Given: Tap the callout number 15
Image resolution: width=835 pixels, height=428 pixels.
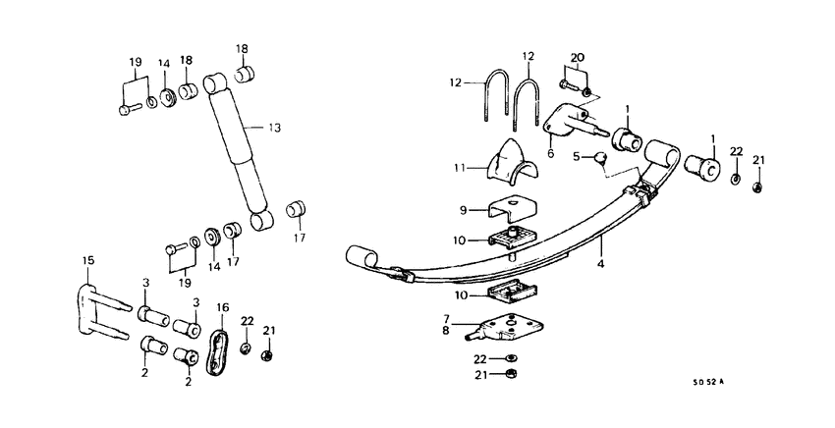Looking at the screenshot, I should [x=87, y=260].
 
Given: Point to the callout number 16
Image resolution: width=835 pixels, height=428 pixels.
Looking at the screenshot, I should [x=222, y=307].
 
